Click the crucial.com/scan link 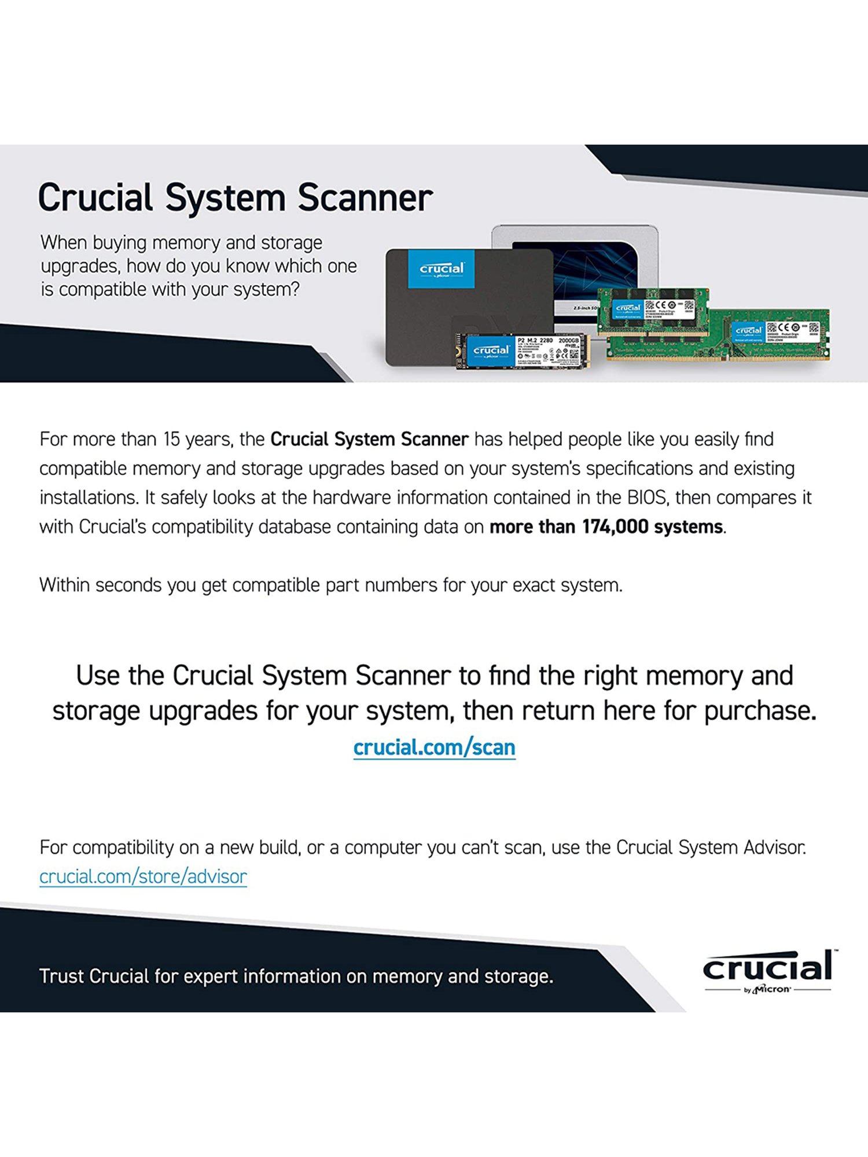[x=434, y=747]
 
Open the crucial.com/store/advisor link [x=143, y=877]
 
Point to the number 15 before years [x=171, y=440]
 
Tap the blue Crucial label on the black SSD [x=442, y=269]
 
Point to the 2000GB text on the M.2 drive [x=568, y=341]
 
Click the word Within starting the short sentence [x=64, y=585]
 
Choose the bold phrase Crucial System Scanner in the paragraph [x=369, y=440]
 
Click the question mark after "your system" [x=295, y=289]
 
